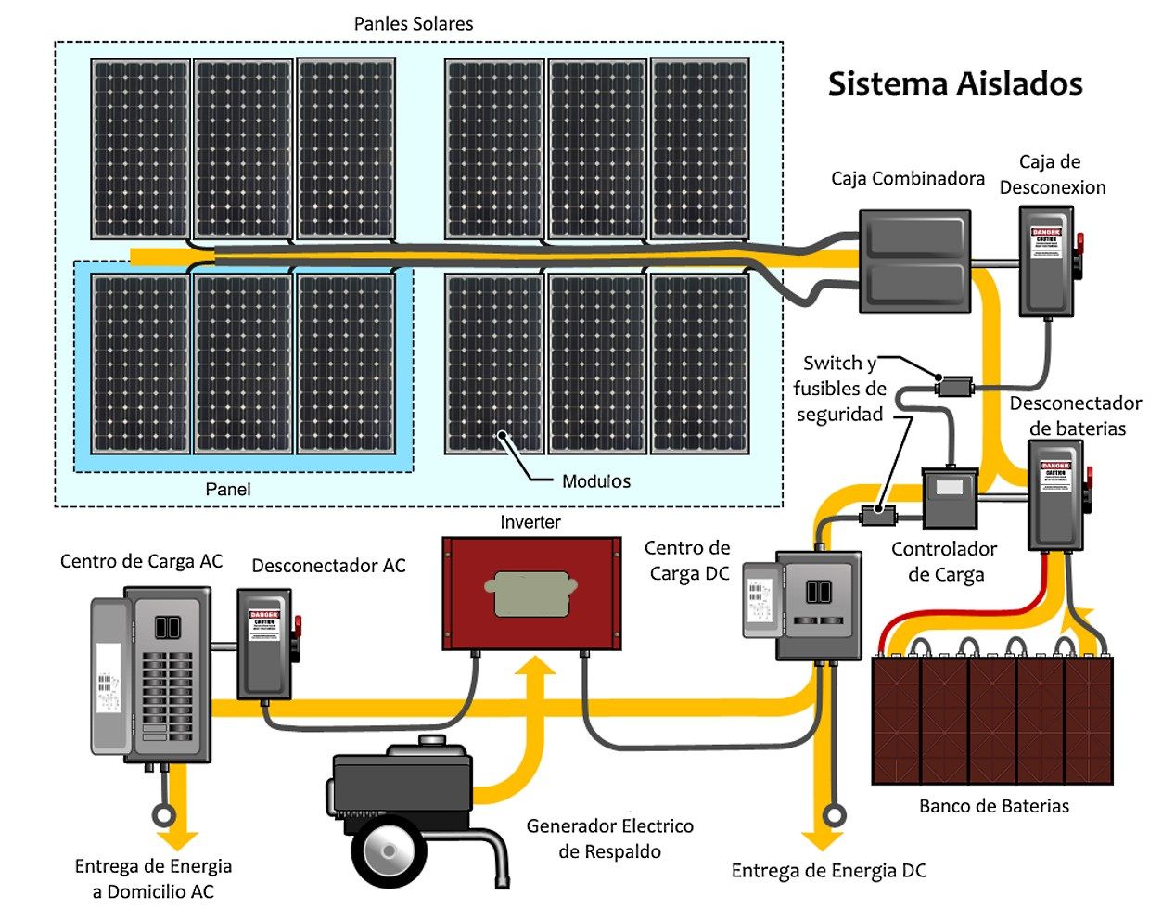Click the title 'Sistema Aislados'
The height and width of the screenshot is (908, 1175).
pyautogui.click(x=954, y=83)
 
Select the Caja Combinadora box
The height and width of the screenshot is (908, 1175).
pyautogui.click(x=914, y=261)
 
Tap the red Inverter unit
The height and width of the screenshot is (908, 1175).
pyautogui.click(x=530, y=594)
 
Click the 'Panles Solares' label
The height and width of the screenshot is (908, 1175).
pyautogui.click(x=414, y=24)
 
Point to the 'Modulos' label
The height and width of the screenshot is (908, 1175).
pyautogui.click(x=596, y=481)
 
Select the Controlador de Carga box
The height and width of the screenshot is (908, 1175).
pyautogui.click(x=949, y=499)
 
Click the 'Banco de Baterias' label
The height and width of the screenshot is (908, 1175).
pyautogui.click(x=993, y=806)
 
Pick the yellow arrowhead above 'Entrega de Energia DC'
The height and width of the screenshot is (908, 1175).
pyautogui.click(x=822, y=840)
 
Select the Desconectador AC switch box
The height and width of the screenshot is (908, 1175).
pyautogui.click(x=265, y=643)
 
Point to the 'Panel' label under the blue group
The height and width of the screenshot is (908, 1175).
pyautogui.click(x=228, y=489)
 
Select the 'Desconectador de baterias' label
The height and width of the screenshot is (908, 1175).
pyautogui.click(x=1076, y=416)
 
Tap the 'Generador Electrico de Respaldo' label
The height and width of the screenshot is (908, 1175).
pyautogui.click(x=609, y=838)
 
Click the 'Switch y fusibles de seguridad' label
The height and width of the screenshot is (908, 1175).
pyautogui.click(x=839, y=389)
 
